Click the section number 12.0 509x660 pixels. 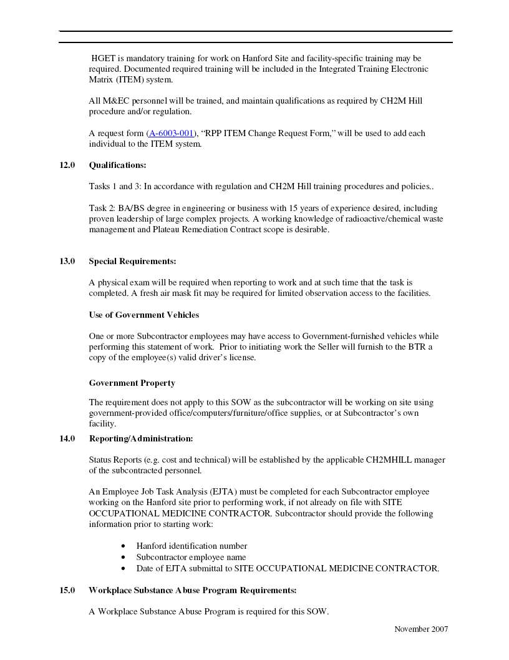coord(67,165)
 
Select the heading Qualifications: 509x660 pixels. coord(117,165)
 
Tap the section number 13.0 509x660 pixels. coord(67,261)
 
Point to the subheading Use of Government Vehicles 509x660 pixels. coord(143,315)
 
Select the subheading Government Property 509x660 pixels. coord(132,383)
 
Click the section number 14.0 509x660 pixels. coord(67,438)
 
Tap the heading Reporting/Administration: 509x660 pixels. coord(140,438)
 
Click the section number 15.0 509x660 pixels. coord(67,590)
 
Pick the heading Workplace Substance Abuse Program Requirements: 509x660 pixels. coord(192,590)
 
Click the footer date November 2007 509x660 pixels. coord(421,629)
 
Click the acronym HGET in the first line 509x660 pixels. coord(103,58)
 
